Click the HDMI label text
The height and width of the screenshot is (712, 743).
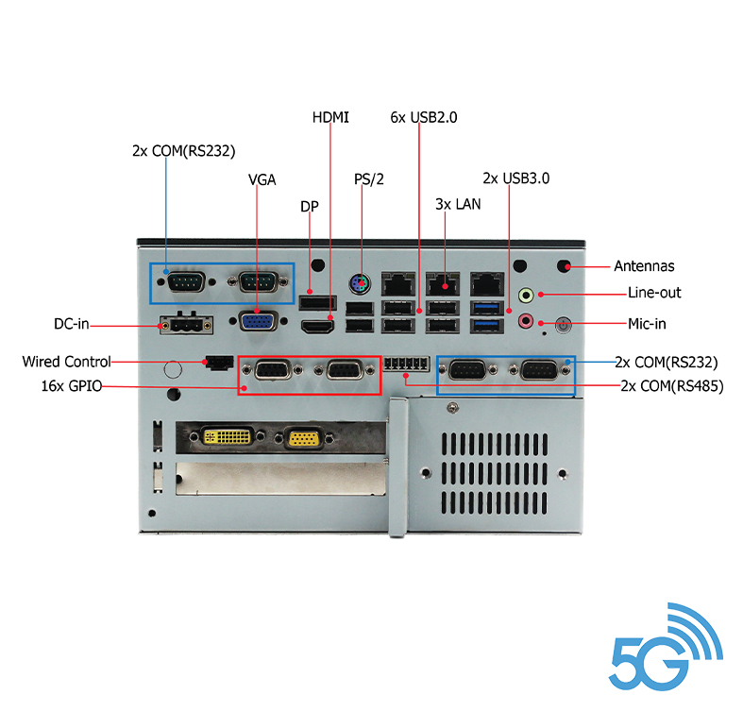(330, 117)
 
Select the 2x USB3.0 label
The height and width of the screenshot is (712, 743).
(515, 178)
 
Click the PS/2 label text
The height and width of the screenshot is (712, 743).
(369, 178)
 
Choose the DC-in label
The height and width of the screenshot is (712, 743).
(71, 325)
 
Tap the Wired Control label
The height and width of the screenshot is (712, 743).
(66, 362)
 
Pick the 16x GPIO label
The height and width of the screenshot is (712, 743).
(71, 385)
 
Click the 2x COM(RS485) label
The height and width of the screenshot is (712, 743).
(671, 385)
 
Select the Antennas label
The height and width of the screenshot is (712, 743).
(644, 266)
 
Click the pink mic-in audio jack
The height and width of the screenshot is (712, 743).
(527, 321)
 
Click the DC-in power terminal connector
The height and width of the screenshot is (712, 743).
(186, 324)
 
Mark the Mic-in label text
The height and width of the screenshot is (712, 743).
(647, 324)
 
